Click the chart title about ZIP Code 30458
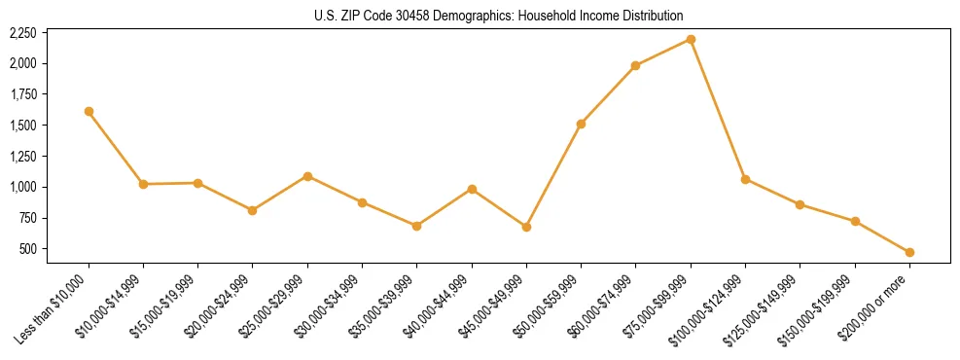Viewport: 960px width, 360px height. click(x=499, y=16)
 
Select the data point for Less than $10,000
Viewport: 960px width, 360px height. click(x=89, y=111)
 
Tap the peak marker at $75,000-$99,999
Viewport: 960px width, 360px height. click(x=691, y=39)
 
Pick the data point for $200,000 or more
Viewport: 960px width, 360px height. click(x=909, y=252)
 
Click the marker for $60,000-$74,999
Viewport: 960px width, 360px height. click(x=635, y=65)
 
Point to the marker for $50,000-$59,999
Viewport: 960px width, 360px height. click(x=581, y=124)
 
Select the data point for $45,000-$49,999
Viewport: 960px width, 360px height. click(x=526, y=227)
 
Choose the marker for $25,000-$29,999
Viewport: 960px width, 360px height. click(x=307, y=176)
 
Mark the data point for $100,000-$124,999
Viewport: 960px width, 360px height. click(x=745, y=179)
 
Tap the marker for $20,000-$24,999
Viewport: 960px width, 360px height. click(x=253, y=210)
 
